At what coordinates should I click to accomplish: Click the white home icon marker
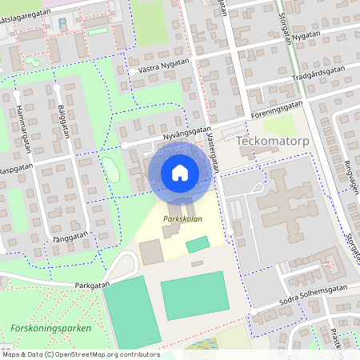tap(180, 172)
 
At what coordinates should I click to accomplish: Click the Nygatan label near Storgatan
tap(306, 36)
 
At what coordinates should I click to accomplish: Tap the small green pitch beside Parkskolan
tap(198, 244)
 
